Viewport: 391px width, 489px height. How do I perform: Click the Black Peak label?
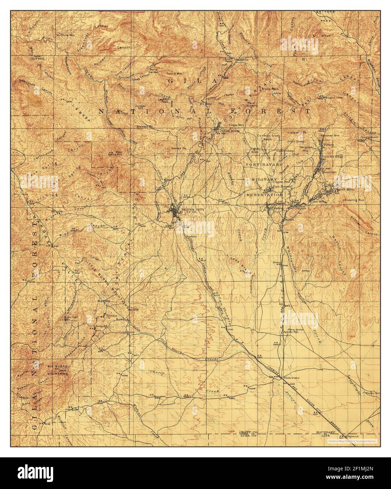coord(270,89)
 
